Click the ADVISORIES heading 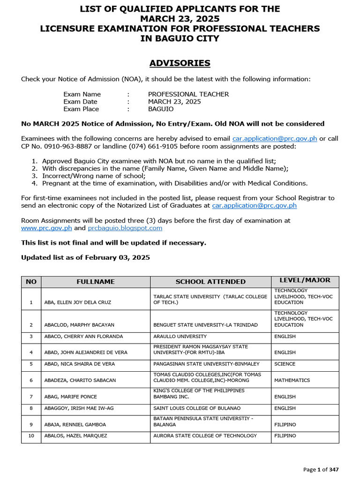pos(180,63)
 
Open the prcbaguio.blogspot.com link pos(125,228)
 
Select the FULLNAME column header pos(96,282)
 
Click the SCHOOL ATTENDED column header pos(210,282)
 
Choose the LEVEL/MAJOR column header pos(305,280)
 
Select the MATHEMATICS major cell pos(292,380)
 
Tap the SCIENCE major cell pos(285,364)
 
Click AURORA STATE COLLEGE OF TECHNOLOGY pos(205,436)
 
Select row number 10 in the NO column pos(31,436)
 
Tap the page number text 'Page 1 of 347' pos(321,469)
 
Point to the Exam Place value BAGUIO pos(161,109)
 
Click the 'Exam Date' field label pos(81,102)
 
